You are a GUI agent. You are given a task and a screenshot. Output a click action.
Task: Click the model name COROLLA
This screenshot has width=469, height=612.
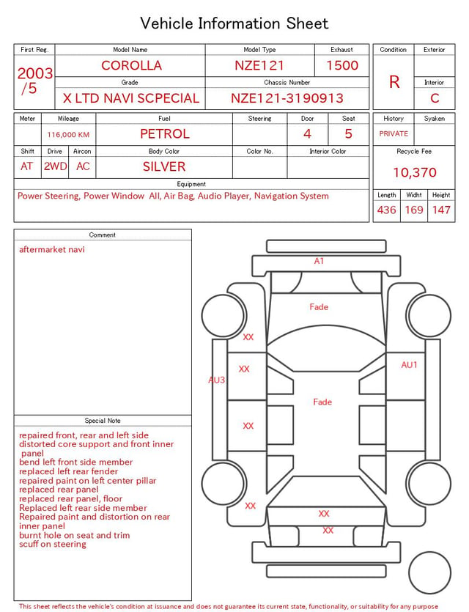pyautogui.click(x=131, y=65)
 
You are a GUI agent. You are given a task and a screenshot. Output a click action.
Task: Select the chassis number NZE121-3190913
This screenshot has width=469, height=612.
pyautogui.click(x=287, y=98)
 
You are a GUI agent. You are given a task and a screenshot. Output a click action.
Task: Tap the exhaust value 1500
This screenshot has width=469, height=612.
pyautogui.click(x=342, y=65)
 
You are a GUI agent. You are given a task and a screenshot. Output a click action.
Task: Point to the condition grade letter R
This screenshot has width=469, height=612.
pyautogui.click(x=394, y=82)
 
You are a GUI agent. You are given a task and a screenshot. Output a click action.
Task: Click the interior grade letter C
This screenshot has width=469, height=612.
pyautogui.click(x=435, y=98)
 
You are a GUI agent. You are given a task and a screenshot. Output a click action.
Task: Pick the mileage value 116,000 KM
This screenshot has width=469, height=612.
pyautogui.click(x=68, y=135)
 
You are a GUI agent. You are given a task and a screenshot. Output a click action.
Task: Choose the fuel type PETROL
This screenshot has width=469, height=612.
pyautogui.click(x=165, y=134)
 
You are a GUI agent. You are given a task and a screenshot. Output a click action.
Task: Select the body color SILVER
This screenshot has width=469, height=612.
pyautogui.click(x=164, y=166)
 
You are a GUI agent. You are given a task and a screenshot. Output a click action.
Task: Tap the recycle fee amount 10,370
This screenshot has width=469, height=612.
pyautogui.click(x=415, y=172)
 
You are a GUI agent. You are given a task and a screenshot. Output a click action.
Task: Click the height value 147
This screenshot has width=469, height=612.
pyautogui.click(x=441, y=210)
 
